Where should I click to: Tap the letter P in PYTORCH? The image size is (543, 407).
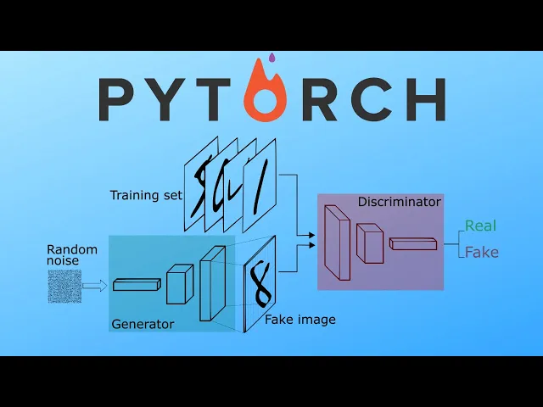[118, 99]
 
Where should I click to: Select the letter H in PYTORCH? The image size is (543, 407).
[424, 99]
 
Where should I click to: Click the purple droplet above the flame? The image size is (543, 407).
[271, 59]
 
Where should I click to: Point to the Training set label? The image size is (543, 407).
[146, 196]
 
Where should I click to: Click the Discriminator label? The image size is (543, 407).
[399, 202]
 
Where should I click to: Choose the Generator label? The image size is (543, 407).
[143, 324]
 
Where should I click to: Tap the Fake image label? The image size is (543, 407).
[300, 320]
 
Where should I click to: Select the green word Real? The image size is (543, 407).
[480, 226]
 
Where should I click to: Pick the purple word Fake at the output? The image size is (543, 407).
[480, 252]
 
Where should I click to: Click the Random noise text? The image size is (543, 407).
[72, 255]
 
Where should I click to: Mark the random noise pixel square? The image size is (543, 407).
[64, 286]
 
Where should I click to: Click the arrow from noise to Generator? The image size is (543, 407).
[94, 286]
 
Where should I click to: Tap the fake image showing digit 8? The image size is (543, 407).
[260, 282]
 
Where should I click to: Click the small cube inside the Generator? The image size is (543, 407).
[180, 284]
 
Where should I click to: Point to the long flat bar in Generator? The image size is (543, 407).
[136, 285]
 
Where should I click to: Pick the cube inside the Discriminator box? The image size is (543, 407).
[370, 243]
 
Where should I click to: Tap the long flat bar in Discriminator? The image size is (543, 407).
[413, 243]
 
